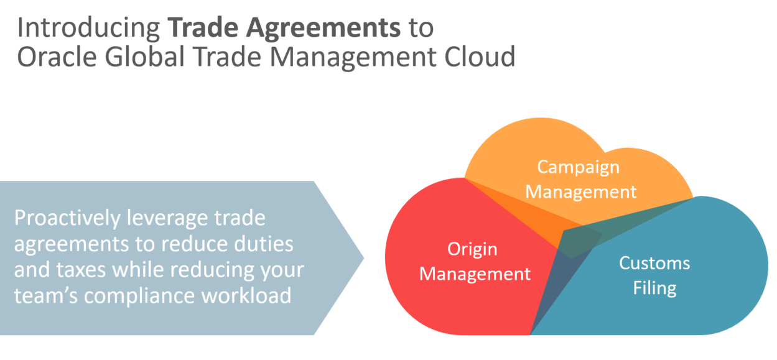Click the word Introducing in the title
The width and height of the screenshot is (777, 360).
pyautogui.click(x=88, y=29)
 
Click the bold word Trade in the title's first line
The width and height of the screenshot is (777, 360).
pyautogui.click(x=197, y=29)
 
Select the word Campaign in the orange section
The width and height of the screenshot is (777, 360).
pyautogui.click(x=579, y=167)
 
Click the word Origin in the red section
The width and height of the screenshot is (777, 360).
pyautogui.click(x=472, y=249)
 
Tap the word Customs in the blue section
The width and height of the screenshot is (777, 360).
pyautogui.click(x=654, y=263)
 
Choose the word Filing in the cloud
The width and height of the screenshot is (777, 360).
pyautogui.click(x=654, y=288)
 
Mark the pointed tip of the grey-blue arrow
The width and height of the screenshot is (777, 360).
pyautogui.click(x=363, y=258)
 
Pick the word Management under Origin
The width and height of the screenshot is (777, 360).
pyautogui.click(x=475, y=274)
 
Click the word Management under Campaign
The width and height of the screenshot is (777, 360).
pyautogui.click(x=581, y=191)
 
